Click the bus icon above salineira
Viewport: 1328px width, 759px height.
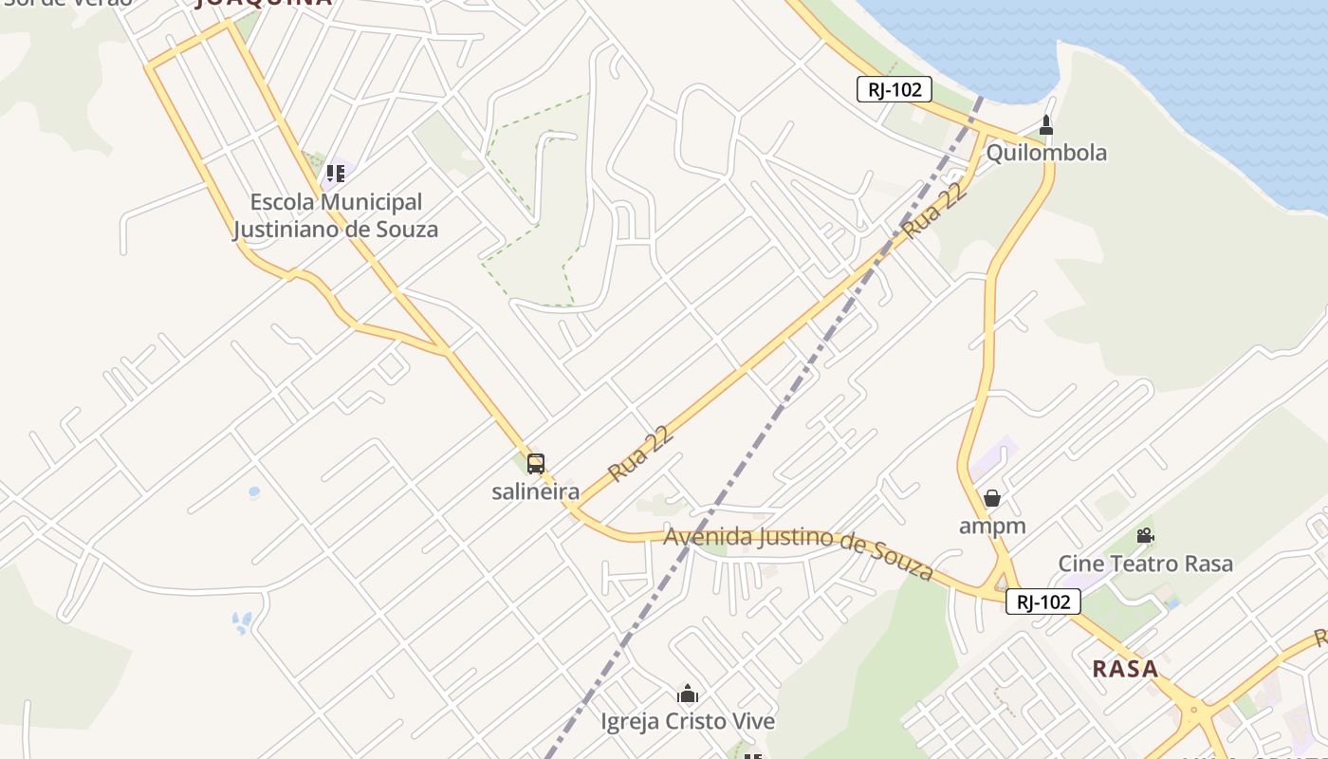536,464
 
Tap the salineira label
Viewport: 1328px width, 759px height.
535,491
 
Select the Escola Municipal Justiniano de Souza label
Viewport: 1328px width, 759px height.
336,215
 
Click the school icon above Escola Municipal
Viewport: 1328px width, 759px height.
335,174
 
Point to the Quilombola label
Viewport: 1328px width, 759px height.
1046,153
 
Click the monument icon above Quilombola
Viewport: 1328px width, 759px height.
1046,125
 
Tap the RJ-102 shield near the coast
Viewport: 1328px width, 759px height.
894,90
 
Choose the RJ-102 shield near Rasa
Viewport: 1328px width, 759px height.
1043,602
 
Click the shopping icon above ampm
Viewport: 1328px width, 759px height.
992,498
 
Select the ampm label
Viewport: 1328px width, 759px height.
992,526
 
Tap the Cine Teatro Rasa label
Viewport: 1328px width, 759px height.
1146,564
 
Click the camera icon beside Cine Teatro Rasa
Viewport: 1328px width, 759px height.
1145,536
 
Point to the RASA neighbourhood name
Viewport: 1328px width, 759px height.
1125,669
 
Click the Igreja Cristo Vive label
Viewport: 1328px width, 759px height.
688,722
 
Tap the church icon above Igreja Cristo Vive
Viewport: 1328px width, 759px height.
688,694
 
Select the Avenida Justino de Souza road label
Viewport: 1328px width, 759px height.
799,550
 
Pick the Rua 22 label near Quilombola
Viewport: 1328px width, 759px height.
934,211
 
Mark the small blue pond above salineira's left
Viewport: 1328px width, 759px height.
253,492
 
